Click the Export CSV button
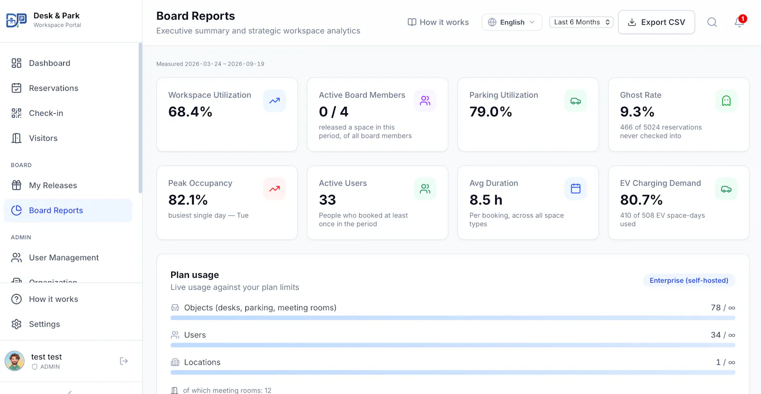pyautogui.click(x=656, y=22)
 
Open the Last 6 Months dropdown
pyautogui.click(x=581, y=22)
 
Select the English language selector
pyautogui.click(x=512, y=22)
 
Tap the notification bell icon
pyautogui.click(x=739, y=22)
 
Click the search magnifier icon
pyautogui.click(x=712, y=22)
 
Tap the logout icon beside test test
pyautogui.click(x=124, y=361)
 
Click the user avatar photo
pyautogui.click(x=15, y=361)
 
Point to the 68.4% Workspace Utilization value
pyautogui.click(x=190, y=112)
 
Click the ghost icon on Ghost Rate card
pyautogui.click(x=726, y=100)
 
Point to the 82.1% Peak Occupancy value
pyautogui.click(x=188, y=200)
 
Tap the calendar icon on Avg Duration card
pyautogui.click(x=576, y=188)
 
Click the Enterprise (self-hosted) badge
pyautogui.click(x=689, y=280)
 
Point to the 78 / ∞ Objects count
pyautogui.click(x=723, y=308)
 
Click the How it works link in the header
pyautogui.click(x=438, y=22)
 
